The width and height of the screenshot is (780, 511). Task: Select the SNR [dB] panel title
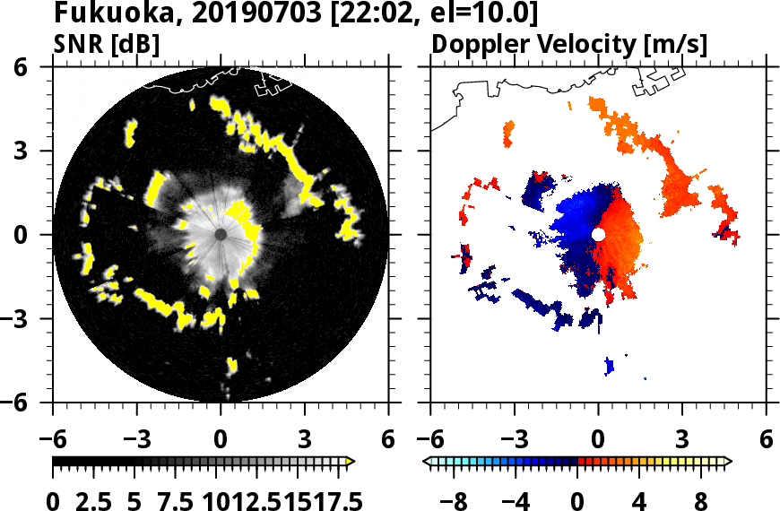106,44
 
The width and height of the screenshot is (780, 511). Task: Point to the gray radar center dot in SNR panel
221,234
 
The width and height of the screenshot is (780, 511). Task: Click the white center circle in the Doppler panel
598,234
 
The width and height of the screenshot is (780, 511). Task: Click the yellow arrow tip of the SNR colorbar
351,462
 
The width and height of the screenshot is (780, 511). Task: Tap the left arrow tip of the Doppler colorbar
427,462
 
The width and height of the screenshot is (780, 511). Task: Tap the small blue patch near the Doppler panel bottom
610,365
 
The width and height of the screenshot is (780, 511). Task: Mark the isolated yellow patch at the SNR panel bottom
231,364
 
